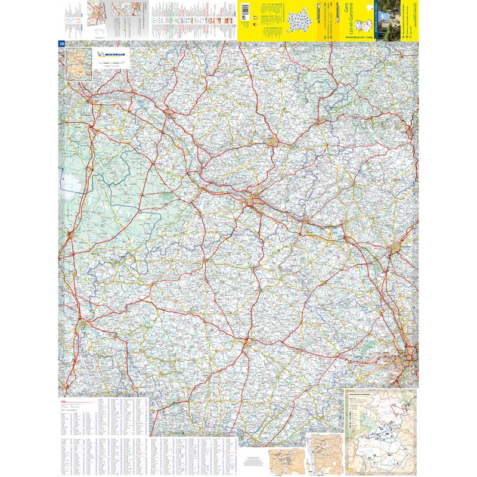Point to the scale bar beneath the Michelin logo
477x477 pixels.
pos(110,62)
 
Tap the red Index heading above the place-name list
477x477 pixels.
pos(64,401)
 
